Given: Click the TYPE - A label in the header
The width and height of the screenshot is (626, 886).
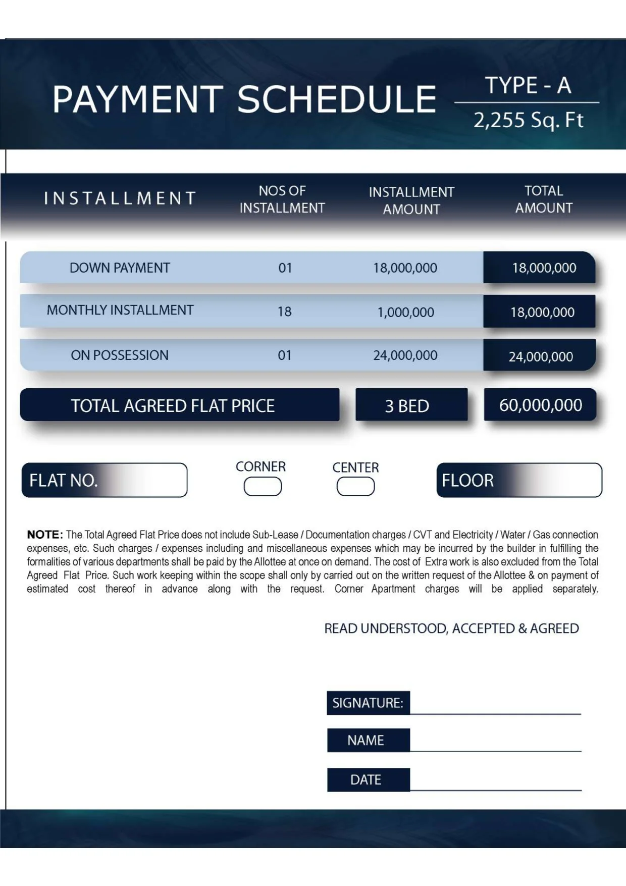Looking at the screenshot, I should [528, 85].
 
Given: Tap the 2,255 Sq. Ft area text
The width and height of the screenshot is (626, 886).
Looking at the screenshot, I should [528, 121].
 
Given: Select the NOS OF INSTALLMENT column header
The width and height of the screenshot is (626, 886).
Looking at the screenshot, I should [282, 199].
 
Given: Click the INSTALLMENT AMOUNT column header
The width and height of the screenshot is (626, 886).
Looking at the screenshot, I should [411, 200].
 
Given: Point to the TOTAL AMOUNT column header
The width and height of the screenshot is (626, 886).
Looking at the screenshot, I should [543, 199].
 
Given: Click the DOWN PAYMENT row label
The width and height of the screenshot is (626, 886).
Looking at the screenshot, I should [120, 268].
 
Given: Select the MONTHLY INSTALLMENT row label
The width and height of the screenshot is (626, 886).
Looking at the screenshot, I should [120, 310].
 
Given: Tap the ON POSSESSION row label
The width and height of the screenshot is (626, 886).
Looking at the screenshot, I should [120, 355].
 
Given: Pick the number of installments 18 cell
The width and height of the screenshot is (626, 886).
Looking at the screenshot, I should [285, 312].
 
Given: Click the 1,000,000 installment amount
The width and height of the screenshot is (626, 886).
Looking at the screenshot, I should [405, 312].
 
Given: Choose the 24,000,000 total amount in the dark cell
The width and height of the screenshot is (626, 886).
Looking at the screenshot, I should [540, 357].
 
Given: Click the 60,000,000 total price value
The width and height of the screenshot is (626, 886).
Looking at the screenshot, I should [540, 405].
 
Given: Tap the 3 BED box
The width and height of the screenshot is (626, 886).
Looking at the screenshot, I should [407, 406].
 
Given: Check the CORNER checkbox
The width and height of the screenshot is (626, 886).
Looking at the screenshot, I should [263, 487].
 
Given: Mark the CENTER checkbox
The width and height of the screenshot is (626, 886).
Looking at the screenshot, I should [355, 487].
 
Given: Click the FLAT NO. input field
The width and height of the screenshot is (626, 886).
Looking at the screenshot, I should [141, 480].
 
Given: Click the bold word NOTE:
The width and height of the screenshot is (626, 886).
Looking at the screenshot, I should [45, 535].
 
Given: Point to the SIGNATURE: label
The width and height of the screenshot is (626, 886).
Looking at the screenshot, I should [368, 703].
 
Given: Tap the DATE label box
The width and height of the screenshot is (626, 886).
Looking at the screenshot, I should [366, 780].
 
